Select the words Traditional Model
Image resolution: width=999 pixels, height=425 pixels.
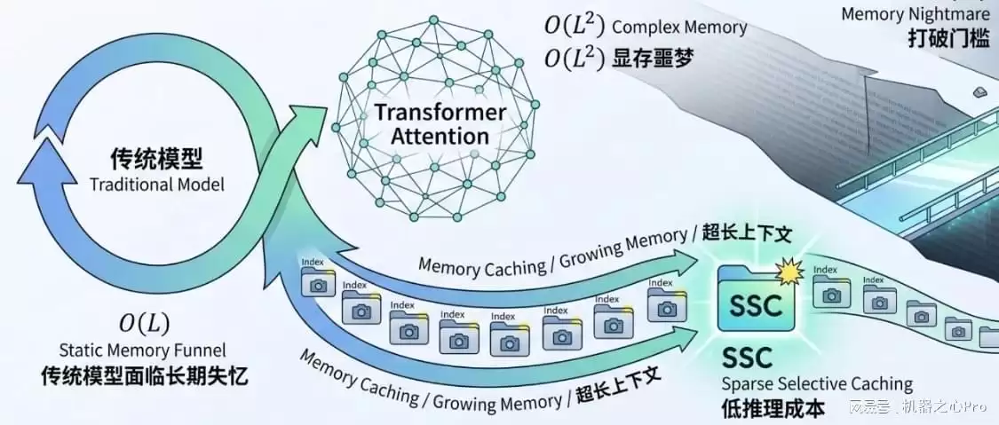pos(156,185)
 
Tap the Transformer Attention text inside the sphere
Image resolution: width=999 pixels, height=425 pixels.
pos(440,125)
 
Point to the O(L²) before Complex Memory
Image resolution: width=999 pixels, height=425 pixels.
pos(575,26)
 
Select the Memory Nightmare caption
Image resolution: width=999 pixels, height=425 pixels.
pos(915,14)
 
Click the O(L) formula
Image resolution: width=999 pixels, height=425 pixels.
pos(144,323)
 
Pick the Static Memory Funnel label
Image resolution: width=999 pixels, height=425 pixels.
pos(144,351)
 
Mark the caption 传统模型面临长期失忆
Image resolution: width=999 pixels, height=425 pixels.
pos(144,377)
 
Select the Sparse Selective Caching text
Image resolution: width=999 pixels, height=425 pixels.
pos(817,383)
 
